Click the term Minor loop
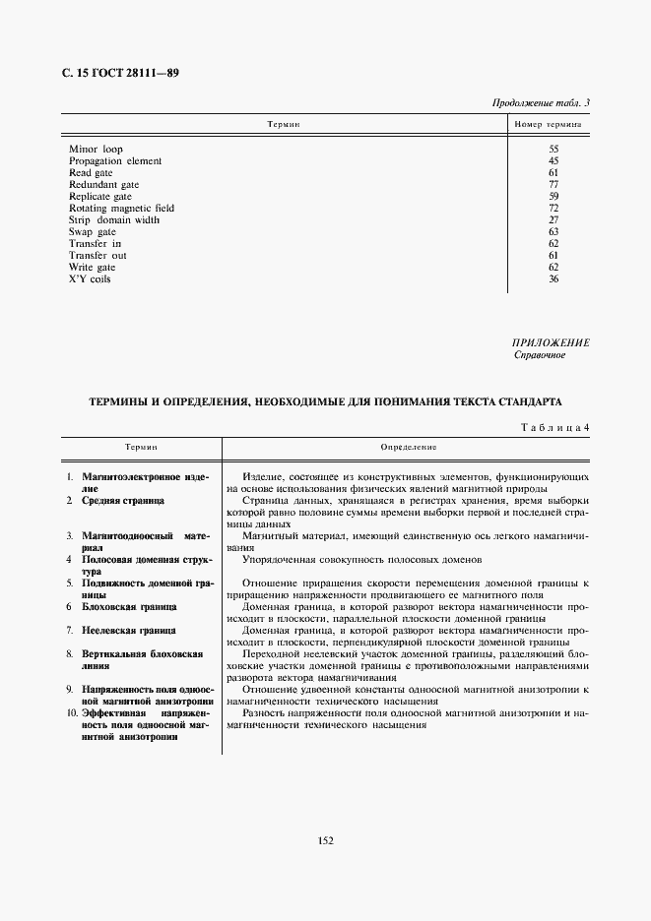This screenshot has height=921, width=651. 96,149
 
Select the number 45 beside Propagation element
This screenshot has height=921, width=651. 553,160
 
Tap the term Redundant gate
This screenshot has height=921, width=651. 103,184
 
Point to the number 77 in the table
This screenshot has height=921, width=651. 553,184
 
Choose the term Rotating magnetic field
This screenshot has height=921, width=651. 121,209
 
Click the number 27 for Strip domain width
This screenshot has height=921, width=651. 553,220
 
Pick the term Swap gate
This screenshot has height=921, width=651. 93,232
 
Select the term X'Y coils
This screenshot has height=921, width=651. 91,279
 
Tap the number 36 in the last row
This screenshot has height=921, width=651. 553,279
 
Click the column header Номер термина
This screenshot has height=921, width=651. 548,126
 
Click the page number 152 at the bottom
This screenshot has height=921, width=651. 326,840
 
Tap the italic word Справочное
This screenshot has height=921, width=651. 540,354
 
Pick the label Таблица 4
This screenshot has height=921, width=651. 553,426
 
